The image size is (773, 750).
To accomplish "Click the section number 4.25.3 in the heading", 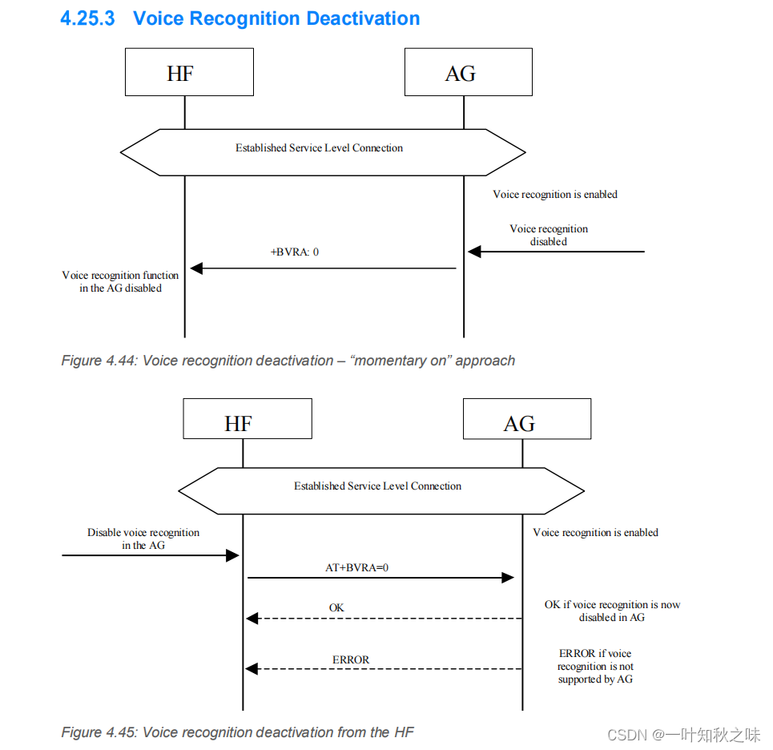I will (88, 18).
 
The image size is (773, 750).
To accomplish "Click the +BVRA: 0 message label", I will (294, 252).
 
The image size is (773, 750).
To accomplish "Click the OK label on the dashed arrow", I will (336, 608).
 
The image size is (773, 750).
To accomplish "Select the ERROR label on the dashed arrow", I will (351, 659).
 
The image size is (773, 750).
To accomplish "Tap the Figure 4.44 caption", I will (288, 361).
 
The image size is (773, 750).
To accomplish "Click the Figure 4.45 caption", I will (237, 732).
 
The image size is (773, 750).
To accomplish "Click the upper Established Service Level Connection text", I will (319, 148).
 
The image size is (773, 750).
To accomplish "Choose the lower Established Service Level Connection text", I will (377, 486).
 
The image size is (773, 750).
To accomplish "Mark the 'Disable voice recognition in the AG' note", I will (143, 538).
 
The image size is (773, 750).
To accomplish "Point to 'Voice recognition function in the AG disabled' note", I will (120, 281).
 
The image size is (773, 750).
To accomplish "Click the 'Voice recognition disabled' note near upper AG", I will (549, 235).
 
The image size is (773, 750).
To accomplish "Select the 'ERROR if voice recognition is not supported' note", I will (595, 666).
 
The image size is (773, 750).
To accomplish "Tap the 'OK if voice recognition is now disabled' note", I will (612, 611).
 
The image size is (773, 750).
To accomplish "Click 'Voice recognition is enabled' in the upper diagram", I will (555, 195).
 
